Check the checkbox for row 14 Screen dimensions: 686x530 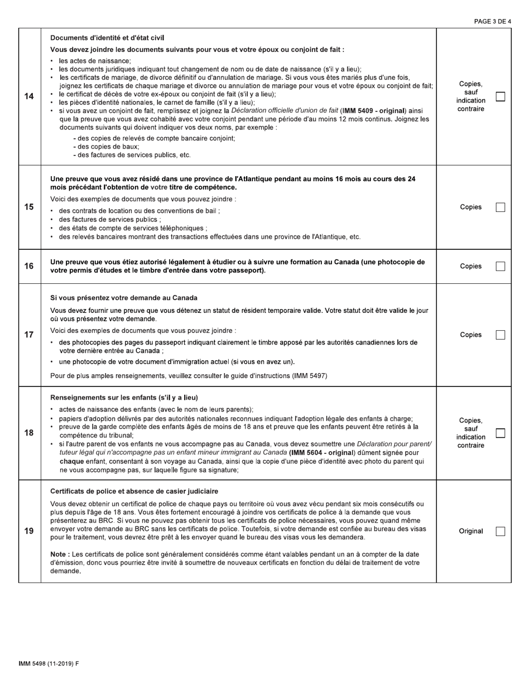(x=500, y=96)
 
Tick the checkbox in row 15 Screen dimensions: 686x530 (x=500, y=207)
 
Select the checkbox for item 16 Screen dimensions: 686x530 (x=500, y=266)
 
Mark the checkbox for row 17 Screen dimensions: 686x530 (x=500, y=335)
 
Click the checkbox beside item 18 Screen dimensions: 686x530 (x=500, y=433)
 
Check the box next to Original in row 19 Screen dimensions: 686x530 (x=500, y=531)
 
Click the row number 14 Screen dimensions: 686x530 (x=29, y=96)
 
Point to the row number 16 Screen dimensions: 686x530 (x=29, y=266)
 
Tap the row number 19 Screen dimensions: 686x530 (x=29, y=531)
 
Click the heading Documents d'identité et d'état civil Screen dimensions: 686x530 (x=107, y=38)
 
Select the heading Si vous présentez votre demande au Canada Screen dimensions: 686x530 (x=123, y=298)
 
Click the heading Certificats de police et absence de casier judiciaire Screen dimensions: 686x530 (x=134, y=491)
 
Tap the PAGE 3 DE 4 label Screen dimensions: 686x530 (x=492, y=22)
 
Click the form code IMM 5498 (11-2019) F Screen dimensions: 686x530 (x=49, y=664)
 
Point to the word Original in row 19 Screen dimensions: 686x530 (x=471, y=531)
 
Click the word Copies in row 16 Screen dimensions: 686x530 (x=471, y=266)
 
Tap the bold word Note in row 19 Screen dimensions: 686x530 (x=59, y=554)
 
